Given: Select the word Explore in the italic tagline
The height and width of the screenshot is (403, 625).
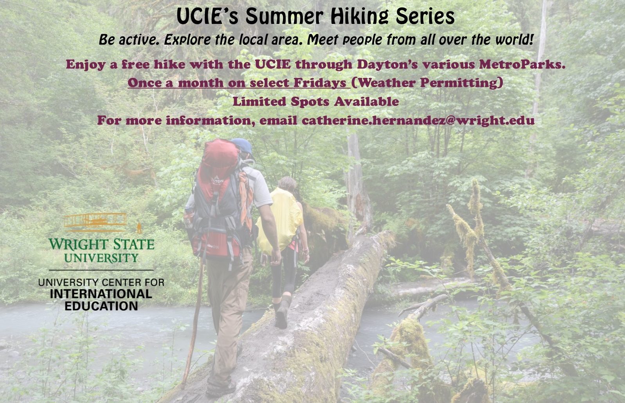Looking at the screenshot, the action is (187, 40).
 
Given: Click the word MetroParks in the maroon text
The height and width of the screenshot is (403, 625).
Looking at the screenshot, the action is (522, 64).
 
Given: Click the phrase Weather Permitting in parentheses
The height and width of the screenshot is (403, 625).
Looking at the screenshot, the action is (427, 83).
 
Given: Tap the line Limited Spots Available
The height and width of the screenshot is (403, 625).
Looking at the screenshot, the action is (315, 101).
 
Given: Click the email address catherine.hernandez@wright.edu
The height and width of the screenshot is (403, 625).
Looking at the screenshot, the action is (418, 120).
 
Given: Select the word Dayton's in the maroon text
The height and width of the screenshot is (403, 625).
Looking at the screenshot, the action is (387, 65).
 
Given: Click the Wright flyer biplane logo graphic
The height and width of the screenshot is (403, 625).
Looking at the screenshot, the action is (95, 222).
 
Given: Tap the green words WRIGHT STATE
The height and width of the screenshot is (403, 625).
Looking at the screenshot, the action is (102, 244).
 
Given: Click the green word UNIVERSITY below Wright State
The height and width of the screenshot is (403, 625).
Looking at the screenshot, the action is (101, 258).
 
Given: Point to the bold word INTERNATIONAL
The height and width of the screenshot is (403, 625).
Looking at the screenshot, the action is (101, 294).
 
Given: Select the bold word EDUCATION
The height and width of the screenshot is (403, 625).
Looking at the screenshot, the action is (101, 306).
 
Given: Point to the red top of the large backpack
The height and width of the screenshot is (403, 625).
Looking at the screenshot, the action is (221, 156).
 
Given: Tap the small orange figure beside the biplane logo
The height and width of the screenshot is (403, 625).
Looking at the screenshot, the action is (139, 228).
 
